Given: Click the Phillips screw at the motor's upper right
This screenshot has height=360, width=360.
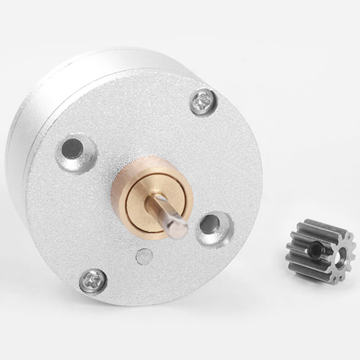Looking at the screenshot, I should click(x=203, y=102).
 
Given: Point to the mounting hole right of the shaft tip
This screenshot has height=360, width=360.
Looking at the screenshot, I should click(x=209, y=224).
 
